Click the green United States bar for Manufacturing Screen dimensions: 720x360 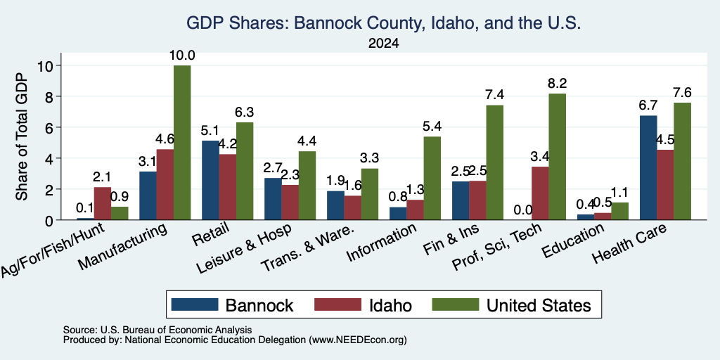(x=182, y=143)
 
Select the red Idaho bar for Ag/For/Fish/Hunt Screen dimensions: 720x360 (x=103, y=203)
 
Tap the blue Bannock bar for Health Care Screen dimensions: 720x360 (x=648, y=167)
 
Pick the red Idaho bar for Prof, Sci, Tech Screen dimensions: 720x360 (x=540, y=193)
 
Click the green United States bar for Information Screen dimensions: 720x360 (x=432, y=178)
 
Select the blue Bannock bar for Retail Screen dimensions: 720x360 (x=210, y=180)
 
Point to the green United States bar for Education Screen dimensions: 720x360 (x=619, y=211)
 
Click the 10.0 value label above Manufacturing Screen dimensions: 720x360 (x=182, y=56)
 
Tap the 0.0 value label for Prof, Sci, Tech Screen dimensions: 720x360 (x=523, y=210)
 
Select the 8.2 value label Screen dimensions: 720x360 (x=557, y=84)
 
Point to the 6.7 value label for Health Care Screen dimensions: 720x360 (x=648, y=105)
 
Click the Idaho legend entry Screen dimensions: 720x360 (x=364, y=305)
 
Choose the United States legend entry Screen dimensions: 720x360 (x=512, y=305)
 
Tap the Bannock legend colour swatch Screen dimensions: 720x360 (x=195, y=304)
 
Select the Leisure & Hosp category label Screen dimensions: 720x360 (x=244, y=248)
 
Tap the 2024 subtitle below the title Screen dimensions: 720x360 (x=384, y=44)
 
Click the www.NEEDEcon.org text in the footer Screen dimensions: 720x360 (x=358, y=340)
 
